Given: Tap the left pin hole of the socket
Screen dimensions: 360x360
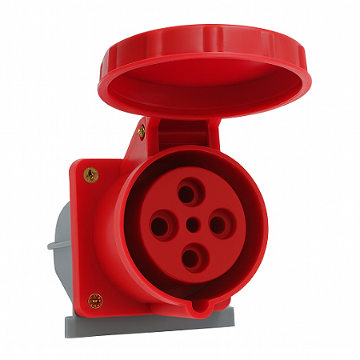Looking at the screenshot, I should [x=160, y=226].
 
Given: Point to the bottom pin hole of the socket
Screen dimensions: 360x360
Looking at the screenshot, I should [x=190, y=258].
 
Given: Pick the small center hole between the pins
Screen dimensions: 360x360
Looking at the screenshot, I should [x=191, y=226].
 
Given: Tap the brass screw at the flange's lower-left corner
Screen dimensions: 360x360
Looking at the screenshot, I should [x=95, y=301].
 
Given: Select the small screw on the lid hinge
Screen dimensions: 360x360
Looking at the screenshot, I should [x=142, y=129].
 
